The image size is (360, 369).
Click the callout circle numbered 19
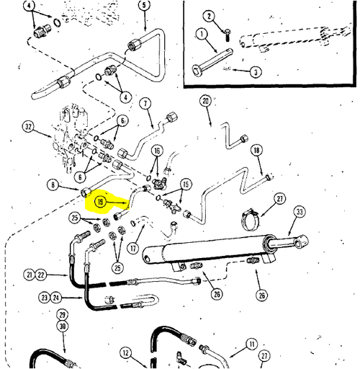pos(100,202)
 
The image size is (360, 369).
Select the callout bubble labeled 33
pos(300,212)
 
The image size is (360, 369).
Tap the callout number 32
pos(28,127)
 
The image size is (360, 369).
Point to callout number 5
pos(144,5)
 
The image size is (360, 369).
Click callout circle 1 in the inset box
pos(202,34)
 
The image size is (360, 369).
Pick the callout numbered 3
pos(256,72)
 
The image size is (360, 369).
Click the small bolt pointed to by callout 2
pos(228,35)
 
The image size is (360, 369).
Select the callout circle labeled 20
pos(206,101)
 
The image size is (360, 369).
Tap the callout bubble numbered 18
pos(256,151)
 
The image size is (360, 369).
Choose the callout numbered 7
pos(145,104)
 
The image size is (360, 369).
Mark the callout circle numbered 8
pos(53,184)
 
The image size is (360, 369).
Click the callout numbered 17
pos(133,248)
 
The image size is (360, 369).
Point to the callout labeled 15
pos(186,184)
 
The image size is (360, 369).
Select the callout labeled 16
pos(157,151)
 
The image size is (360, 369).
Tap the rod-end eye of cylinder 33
pos(301,241)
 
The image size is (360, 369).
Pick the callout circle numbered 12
pos(126,353)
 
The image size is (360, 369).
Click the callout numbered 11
pos(252,344)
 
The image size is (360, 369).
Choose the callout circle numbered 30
pos(63,326)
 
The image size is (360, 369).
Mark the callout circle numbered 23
pos(44,298)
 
